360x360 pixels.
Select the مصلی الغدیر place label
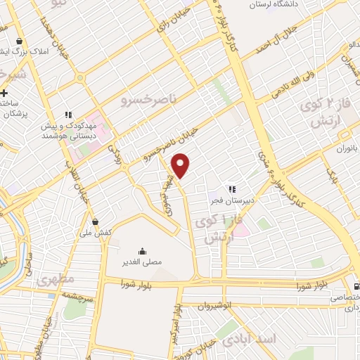pyautogui.click(x=143, y=262)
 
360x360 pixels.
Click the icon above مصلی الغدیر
pyautogui.click(x=143, y=251)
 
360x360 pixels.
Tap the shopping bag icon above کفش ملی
pyautogui.click(x=95, y=222)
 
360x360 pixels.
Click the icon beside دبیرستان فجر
pyautogui.click(x=231, y=188)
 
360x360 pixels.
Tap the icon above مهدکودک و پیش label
pyautogui.click(x=68, y=115)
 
